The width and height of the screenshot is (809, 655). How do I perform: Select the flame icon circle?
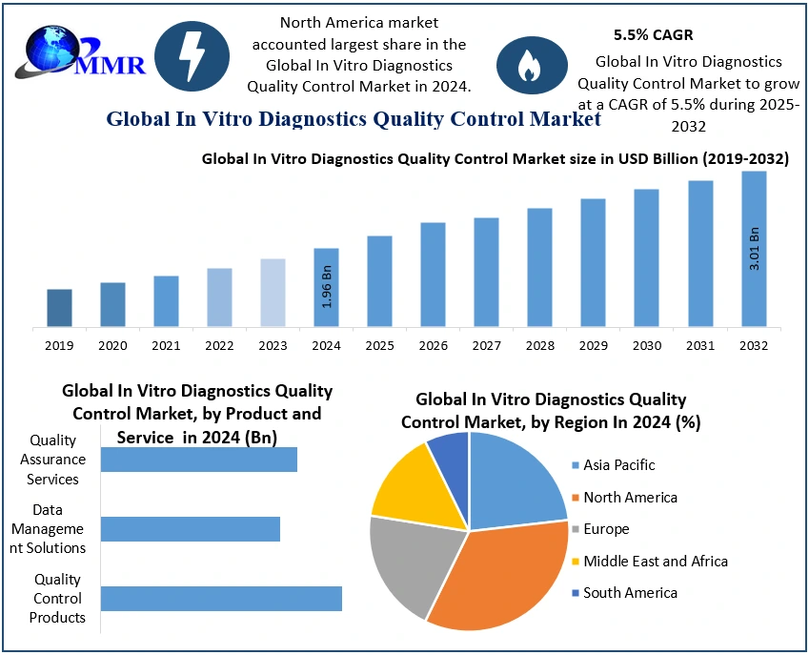click(526, 64)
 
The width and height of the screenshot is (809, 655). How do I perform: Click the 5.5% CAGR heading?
click(653, 35)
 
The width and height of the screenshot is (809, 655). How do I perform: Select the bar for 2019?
click(59, 307)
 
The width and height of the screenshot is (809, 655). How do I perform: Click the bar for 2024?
click(327, 286)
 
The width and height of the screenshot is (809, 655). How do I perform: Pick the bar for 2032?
click(754, 248)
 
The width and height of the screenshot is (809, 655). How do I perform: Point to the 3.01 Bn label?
click(755, 249)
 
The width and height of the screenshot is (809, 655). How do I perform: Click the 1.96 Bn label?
click(327, 287)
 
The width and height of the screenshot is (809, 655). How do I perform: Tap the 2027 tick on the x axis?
click(486, 345)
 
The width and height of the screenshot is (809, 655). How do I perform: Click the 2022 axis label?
click(219, 345)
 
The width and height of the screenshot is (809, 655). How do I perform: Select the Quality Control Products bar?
click(221, 599)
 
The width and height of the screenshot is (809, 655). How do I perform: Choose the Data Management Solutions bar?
click(191, 529)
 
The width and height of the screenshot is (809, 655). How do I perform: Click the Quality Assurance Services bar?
click(199, 460)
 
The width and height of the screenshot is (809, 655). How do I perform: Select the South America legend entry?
click(629, 593)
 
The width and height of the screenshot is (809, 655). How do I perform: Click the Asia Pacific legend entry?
click(618, 465)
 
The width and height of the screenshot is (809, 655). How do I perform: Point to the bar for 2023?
click(273, 293)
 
